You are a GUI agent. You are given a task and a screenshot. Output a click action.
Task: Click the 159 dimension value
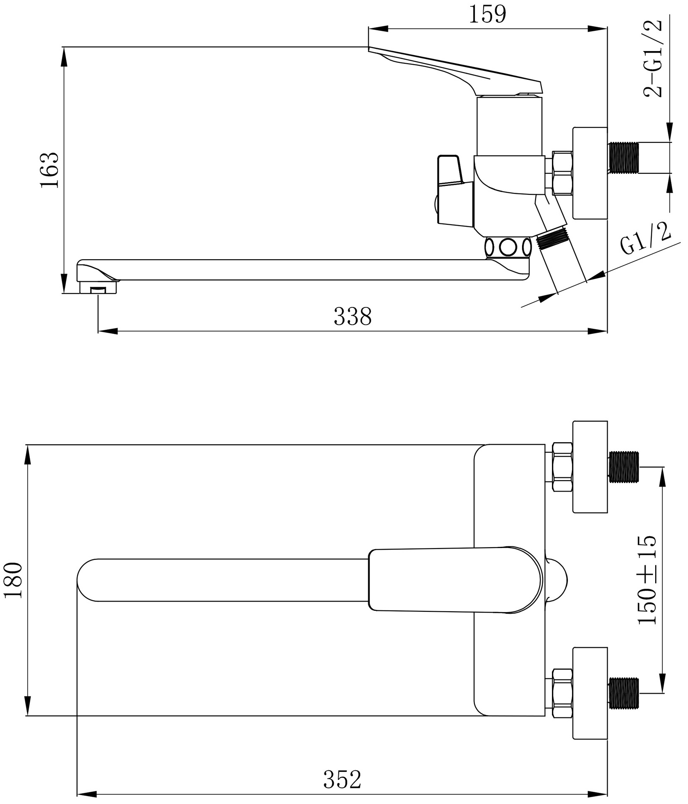(487, 15)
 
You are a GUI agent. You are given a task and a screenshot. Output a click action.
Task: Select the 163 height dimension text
(50, 170)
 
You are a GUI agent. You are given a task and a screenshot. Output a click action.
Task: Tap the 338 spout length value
(353, 316)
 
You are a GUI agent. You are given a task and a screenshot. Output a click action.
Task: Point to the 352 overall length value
(342, 780)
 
